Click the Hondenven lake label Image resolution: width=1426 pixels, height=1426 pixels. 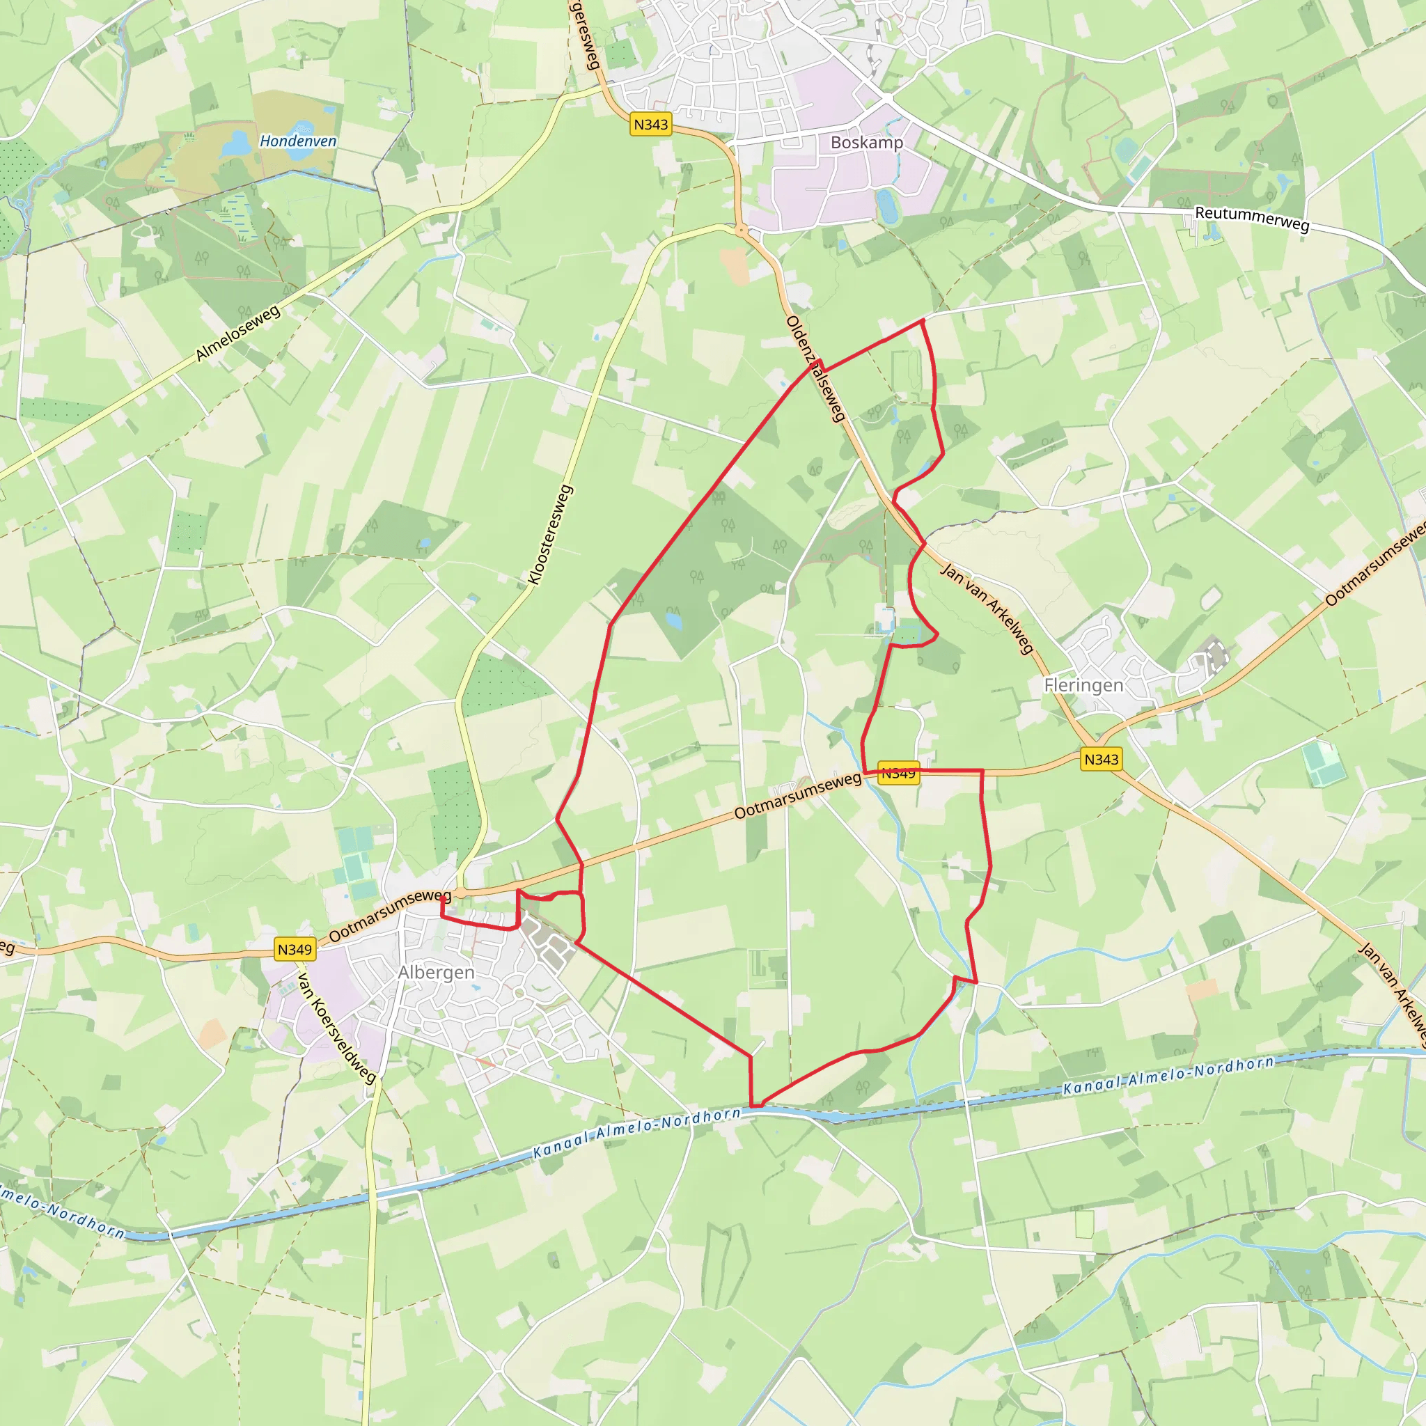pyautogui.click(x=297, y=141)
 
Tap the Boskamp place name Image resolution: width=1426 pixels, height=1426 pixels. pyautogui.click(x=866, y=143)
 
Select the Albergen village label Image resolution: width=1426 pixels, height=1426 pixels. pyautogui.click(x=436, y=972)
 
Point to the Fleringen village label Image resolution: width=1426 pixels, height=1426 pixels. pyautogui.click(x=1083, y=685)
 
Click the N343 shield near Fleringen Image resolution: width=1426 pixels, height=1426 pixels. pyautogui.click(x=1102, y=759)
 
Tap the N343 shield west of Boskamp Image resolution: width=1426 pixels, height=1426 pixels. pyautogui.click(x=650, y=125)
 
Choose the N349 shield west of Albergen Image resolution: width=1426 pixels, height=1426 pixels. pyautogui.click(x=295, y=949)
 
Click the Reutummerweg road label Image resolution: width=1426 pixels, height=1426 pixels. pyautogui.click(x=1252, y=219)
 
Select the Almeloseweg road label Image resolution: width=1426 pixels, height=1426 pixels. pyautogui.click(x=237, y=334)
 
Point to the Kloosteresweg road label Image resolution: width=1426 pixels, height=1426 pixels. pyautogui.click(x=551, y=535)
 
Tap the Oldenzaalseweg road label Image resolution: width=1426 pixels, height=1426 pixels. pyautogui.click(x=815, y=369)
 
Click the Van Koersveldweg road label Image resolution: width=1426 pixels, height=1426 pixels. pyautogui.click(x=337, y=1028)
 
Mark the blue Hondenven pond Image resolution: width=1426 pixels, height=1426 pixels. pyautogui.click(x=235, y=143)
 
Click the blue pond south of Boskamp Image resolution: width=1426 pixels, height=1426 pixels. pyautogui.click(x=887, y=205)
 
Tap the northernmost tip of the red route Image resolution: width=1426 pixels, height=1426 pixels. pyautogui.click(x=923, y=320)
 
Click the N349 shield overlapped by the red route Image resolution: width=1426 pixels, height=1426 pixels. pyautogui.click(x=898, y=773)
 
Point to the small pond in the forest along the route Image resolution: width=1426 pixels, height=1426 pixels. pyautogui.click(x=673, y=618)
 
